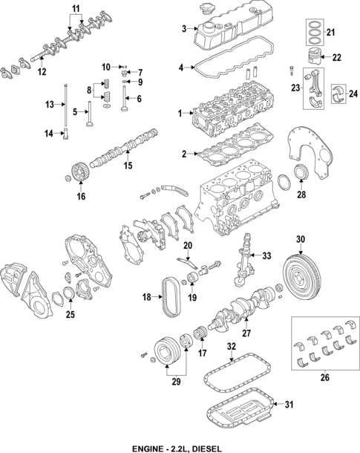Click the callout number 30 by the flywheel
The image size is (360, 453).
[x=301, y=239]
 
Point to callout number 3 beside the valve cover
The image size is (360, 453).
[x=183, y=29]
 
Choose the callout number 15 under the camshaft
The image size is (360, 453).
[x=128, y=165]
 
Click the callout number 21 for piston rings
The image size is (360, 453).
[x=332, y=32]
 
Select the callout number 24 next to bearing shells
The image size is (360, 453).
[x=353, y=93]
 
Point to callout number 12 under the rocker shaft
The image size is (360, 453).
[x=42, y=71]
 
